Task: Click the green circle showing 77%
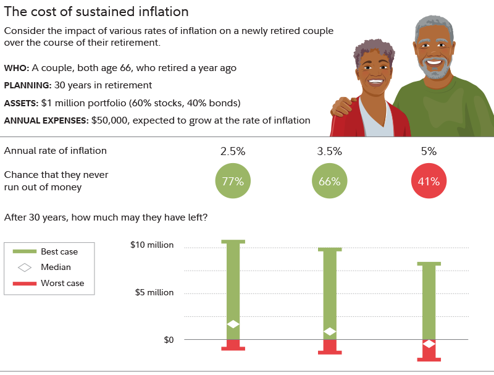coord(233,181)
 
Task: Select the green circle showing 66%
coord(330,181)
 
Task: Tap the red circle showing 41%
coord(429,181)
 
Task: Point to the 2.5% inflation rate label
coord(233,151)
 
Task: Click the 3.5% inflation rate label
coord(330,151)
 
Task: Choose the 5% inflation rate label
coord(429,151)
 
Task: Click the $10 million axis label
coord(152,245)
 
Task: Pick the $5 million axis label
coord(154,292)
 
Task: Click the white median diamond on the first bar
coord(233,324)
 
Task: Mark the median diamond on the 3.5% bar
coord(330,332)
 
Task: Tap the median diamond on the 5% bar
coord(429,343)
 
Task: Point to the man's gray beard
coord(435,70)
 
